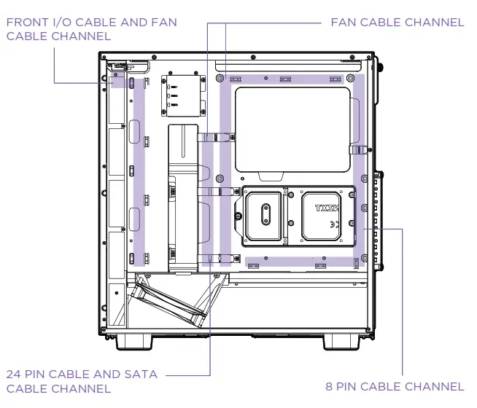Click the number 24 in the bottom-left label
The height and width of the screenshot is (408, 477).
[15, 374]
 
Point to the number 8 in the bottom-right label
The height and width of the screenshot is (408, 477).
[330, 386]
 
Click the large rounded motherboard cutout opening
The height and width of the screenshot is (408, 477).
[292, 127]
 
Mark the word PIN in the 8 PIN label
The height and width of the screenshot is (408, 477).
[353, 386]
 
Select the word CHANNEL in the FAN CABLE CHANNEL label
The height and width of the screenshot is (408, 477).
[435, 22]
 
